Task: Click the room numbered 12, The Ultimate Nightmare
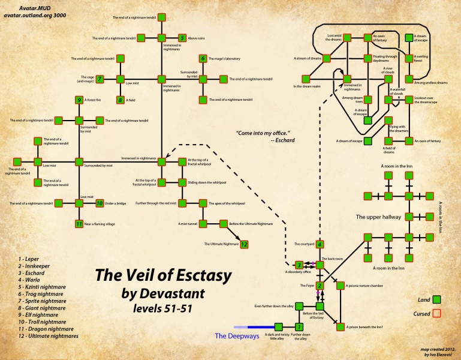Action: [x=244, y=244]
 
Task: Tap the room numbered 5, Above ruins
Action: [x=182, y=38]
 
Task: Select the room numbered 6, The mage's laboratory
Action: [x=203, y=58]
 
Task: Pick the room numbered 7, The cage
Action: [x=100, y=79]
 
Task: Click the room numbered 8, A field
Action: [x=120, y=100]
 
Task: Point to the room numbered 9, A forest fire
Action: [x=79, y=100]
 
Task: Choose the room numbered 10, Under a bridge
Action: [x=100, y=203]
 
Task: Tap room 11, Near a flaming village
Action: [x=79, y=224]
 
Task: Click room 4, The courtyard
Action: [x=320, y=244]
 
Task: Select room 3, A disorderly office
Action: [x=299, y=265]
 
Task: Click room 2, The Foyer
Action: [x=320, y=286]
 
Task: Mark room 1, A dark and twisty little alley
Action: [x=299, y=327]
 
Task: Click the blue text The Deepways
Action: [x=237, y=336]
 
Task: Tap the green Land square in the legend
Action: [x=437, y=298]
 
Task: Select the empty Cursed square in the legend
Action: [x=437, y=313]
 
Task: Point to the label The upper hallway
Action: [x=378, y=217]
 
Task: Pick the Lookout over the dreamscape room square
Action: [x=409, y=100]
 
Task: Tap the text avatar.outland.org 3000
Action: [x=36, y=16]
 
